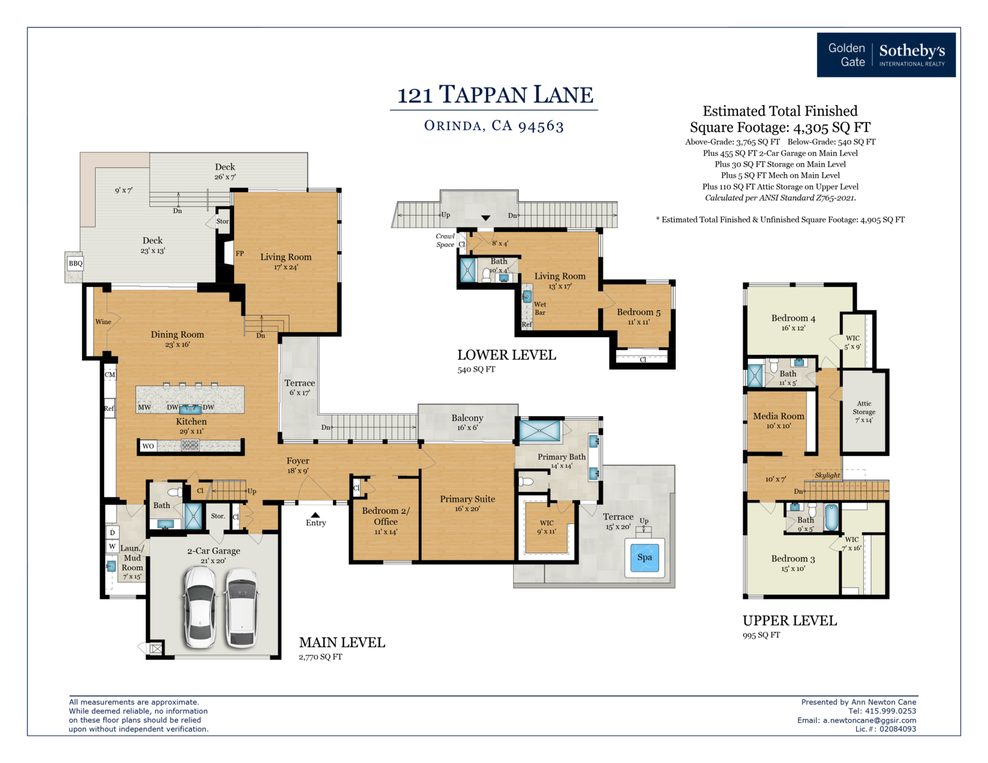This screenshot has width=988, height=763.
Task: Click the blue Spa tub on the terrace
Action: coord(644,557)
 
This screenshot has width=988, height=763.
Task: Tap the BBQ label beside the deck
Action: coord(75,263)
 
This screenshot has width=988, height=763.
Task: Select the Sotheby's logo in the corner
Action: coord(885,54)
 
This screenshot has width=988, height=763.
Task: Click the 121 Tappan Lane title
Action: coord(495,94)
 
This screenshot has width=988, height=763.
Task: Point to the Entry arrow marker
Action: coord(315,515)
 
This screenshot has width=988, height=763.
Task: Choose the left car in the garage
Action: coord(200,607)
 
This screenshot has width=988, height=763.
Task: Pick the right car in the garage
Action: coord(242,607)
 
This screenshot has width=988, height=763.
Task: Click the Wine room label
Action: coord(103,322)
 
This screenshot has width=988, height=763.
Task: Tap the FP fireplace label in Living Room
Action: coord(240,254)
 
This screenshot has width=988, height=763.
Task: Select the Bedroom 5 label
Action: coord(638,312)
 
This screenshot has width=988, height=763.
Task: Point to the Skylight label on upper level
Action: coord(827,475)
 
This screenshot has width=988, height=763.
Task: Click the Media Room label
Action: coord(779,416)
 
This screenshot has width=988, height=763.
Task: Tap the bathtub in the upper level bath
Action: coord(831,517)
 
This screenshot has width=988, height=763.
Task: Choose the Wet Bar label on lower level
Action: coord(540,308)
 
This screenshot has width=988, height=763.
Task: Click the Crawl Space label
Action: coord(445,240)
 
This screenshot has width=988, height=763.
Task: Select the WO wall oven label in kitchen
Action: coord(148,446)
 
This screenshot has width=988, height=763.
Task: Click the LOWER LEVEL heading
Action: coord(506,355)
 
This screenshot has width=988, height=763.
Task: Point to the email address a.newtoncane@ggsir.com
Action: coord(869,720)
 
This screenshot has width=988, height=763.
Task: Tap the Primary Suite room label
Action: coord(467,499)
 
